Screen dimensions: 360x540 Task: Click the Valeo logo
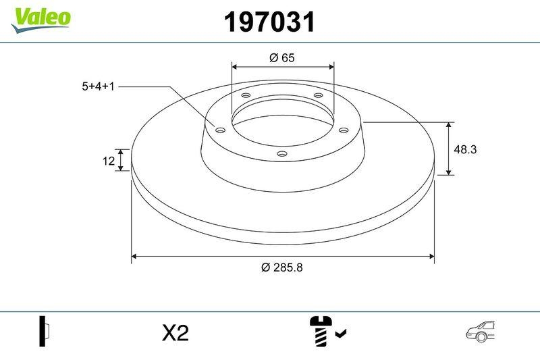click(40, 17)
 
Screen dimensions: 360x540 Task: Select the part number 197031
click(269, 22)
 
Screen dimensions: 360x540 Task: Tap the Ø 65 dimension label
click(282, 58)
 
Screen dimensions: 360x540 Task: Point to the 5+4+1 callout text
click(99, 86)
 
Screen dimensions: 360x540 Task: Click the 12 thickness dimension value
click(107, 160)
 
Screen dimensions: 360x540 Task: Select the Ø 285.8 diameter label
click(282, 267)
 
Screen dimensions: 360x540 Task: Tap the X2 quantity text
click(175, 332)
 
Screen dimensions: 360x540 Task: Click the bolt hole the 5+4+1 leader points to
click(219, 129)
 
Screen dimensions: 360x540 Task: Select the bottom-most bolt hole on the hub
click(282, 155)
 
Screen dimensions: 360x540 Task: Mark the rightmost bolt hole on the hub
click(343, 130)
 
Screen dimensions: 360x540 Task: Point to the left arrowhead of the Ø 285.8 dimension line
click(134, 257)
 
